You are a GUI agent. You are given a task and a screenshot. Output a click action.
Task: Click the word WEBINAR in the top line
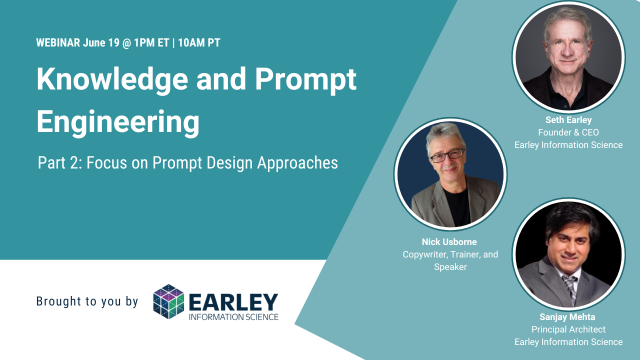58,43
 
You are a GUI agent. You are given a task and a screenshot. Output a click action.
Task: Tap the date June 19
101,43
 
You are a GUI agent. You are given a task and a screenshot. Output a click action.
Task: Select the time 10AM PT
199,43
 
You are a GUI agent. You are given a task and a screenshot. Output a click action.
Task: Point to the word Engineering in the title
117,121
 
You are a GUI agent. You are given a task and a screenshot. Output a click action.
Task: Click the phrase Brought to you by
87,301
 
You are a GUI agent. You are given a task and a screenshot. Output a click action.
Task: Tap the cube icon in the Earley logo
168,301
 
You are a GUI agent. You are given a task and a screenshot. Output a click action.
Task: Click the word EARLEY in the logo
233,301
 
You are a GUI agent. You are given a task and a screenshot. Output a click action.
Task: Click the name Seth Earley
568,120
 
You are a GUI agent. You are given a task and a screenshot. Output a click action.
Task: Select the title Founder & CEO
568,132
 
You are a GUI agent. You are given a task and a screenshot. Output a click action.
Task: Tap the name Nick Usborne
449,242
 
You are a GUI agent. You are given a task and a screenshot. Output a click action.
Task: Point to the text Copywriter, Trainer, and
450,254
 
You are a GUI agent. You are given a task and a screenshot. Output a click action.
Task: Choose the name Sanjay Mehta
567,317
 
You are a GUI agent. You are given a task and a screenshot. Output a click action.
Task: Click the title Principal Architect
568,329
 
